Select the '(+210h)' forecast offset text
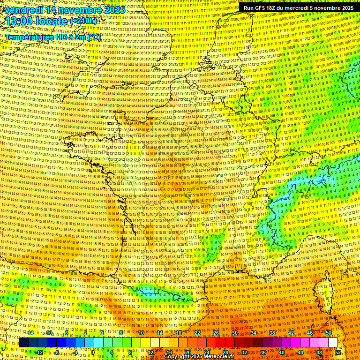click(83, 21)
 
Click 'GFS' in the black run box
click(263, 8)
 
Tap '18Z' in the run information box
click(276, 8)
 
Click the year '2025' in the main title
click(114, 10)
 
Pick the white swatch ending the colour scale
click(333, 343)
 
